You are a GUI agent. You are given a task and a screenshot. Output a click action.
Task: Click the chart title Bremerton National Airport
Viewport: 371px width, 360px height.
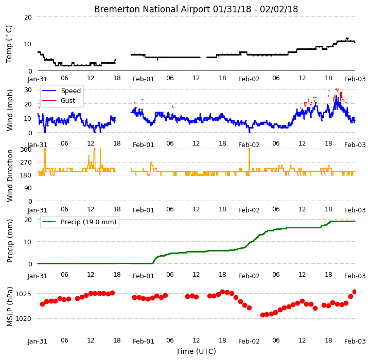pos(152,9)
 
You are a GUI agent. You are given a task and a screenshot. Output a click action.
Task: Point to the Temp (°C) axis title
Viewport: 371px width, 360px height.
pos(9,44)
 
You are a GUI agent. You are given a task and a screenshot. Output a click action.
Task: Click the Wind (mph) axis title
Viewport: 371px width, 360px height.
pos(10,110)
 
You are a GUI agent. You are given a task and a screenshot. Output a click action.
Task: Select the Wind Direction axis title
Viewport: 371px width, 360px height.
pos(10,175)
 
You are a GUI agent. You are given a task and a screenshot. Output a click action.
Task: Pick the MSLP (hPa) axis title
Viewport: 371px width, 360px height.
pos(10,307)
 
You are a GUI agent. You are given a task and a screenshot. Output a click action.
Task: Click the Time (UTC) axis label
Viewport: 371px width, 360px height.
pos(196,351)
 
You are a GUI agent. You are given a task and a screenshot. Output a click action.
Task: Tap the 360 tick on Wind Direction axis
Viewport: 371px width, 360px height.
pos(26,150)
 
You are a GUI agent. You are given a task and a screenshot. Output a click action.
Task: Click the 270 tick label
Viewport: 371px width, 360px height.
pos(26,163)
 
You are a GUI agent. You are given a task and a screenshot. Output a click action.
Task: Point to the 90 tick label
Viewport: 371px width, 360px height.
pos(28,188)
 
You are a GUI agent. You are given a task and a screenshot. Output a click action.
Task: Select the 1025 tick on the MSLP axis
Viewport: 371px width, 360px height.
pos(23,294)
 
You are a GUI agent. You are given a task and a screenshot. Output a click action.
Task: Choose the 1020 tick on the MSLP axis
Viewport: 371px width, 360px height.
pos(23,319)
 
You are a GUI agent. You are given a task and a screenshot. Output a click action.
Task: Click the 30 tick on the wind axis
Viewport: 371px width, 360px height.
pos(28,90)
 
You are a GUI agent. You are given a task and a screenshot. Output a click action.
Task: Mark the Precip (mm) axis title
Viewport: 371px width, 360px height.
pos(10,241)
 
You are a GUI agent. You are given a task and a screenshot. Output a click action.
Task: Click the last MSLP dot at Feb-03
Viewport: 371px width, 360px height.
pos(355,292)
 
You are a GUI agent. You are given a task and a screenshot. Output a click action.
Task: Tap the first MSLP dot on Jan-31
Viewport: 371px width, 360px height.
pos(42,304)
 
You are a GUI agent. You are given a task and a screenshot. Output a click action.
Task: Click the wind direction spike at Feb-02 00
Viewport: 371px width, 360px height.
pos(250,162)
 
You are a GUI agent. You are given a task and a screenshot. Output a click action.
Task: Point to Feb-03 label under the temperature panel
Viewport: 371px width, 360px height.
pos(355,79)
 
